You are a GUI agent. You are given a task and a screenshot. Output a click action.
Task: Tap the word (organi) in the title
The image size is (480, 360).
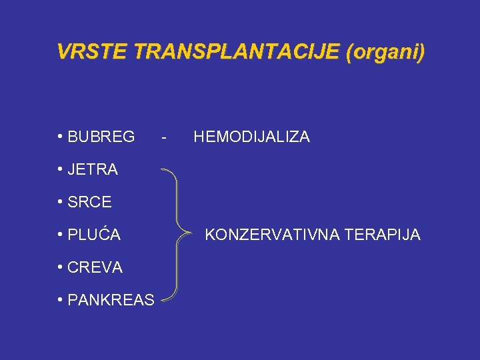click(385, 52)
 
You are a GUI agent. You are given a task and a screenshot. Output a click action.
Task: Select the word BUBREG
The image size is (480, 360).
click(101, 137)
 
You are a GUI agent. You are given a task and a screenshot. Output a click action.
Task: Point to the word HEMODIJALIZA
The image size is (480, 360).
click(251, 137)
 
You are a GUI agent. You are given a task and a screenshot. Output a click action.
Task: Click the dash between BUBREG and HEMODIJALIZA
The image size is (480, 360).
click(163, 138)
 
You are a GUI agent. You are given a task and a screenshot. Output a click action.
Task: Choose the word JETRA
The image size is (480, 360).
click(93, 170)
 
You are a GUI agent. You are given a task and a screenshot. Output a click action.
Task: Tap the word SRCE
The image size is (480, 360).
click(89, 202)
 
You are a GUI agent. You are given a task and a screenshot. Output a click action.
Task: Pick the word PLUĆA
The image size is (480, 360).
click(94, 235)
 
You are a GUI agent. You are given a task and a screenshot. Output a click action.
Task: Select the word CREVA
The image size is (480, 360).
click(95, 267)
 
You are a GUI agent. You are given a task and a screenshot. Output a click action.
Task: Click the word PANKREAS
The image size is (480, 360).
click(111, 300)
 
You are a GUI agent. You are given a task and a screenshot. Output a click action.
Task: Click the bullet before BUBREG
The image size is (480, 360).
click(61, 137)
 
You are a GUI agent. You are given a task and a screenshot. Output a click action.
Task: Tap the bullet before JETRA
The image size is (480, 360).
click(61, 170)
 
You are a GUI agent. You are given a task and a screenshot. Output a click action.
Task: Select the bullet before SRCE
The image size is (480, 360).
click(61, 202)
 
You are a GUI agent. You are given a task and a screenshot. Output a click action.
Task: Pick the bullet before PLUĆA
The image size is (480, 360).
click(61, 235)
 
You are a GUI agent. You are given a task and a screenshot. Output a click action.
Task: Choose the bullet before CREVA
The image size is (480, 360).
click(61, 267)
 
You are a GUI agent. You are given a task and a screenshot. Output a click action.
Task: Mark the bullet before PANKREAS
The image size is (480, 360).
click(61, 300)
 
